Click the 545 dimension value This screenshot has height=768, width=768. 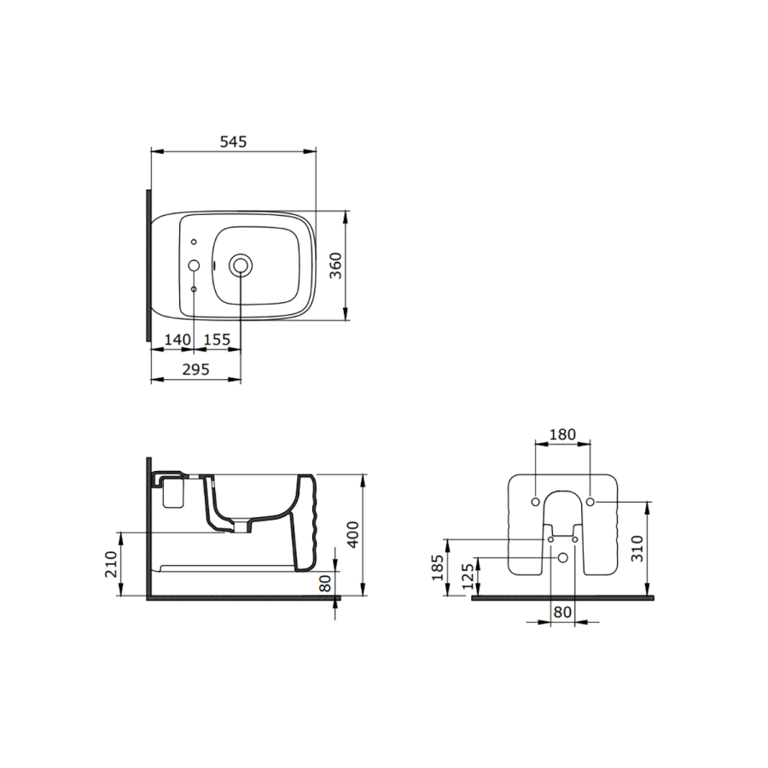coord(233,142)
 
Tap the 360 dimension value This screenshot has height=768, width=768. coord(335,265)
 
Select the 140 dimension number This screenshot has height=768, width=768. coord(177,339)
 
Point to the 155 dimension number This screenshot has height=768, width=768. coord(217,339)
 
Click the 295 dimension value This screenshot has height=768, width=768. coord(196,369)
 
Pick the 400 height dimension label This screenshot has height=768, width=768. coord(352,535)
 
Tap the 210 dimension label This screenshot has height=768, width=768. coord(111,564)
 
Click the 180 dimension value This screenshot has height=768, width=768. coord(562,434)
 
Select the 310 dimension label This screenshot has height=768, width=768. coord(637,549)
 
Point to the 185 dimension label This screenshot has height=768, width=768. coord(438,567)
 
